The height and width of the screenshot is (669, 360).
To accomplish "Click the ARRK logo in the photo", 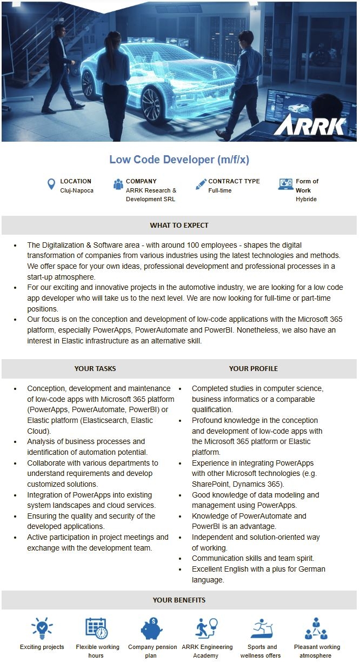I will (x=309, y=124).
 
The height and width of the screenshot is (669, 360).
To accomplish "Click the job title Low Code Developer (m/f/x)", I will (x=179, y=160).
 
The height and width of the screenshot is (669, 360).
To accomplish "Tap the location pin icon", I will (x=51, y=185).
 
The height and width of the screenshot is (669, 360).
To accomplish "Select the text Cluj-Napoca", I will (x=77, y=190).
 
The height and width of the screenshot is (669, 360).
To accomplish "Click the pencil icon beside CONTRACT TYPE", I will (x=201, y=184).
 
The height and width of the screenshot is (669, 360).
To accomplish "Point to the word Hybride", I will (x=306, y=199).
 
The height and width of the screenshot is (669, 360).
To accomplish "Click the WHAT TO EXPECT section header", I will (x=179, y=225).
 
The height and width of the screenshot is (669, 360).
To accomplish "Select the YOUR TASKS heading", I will (x=95, y=368).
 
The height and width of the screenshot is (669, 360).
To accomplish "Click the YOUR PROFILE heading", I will (x=253, y=368).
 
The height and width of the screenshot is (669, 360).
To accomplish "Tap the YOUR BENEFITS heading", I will (x=179, y=600).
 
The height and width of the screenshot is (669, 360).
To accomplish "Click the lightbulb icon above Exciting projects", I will (x=42, y=628).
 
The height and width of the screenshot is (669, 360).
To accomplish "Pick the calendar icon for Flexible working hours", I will (x=97, y=628).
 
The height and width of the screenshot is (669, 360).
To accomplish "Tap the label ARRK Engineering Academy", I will (x=207, y=651).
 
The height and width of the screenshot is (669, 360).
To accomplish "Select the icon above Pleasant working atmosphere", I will (x=316, y=628).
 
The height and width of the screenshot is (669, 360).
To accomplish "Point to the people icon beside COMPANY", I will (x=118, y=184).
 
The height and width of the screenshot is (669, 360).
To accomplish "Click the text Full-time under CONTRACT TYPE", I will (x=221, y=190).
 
